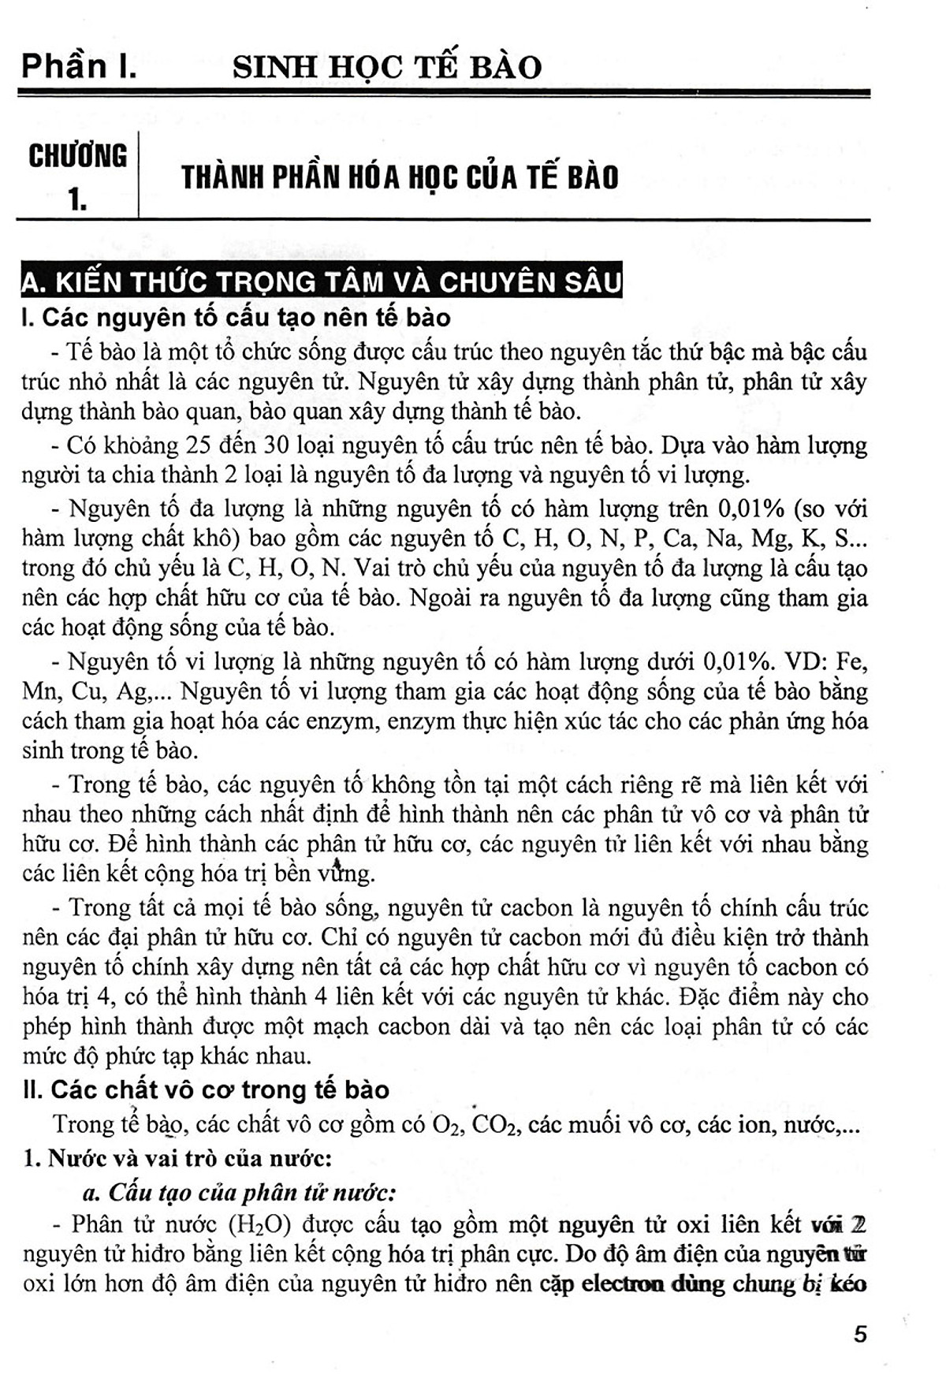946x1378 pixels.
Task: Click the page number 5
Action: click(860, 1334)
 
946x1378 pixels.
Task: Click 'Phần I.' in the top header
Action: click(79, 66)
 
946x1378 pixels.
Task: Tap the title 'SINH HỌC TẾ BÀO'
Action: click(387, 67)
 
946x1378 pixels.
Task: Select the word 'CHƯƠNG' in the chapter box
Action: click(77, 156)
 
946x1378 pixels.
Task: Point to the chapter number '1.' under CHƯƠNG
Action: click(77, 199)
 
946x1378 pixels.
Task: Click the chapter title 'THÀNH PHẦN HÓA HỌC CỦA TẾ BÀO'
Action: click(400, 177)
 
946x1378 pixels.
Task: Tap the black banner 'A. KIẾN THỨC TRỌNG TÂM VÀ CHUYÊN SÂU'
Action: click(322, 281)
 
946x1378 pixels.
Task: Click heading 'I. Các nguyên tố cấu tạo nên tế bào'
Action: click(236, 317)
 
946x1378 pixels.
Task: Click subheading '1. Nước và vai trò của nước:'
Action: click(178, 1158)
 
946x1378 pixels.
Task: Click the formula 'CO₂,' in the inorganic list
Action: click(496, 1123)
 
